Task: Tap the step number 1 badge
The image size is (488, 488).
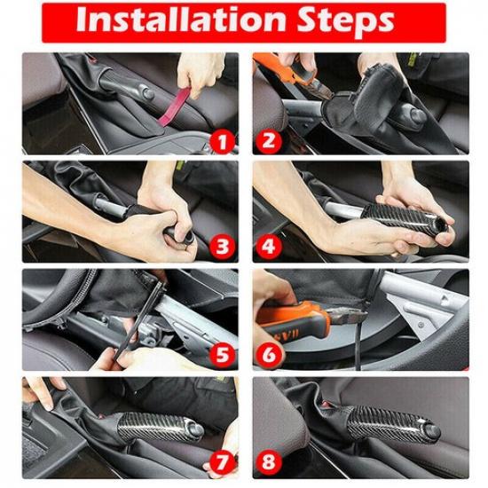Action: [222, 139]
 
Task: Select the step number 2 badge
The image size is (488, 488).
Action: [267, 139]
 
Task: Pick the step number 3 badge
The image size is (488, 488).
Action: [222, 247]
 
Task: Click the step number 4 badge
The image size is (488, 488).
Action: [267, 247]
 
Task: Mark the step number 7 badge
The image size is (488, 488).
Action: [222, 462]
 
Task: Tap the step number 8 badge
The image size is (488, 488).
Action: [267, 462]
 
